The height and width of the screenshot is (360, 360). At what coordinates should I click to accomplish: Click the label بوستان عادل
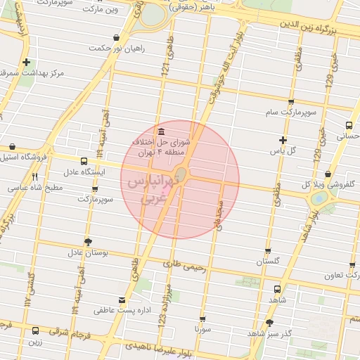[x=88, y=252]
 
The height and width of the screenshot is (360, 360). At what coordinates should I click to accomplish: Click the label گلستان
[x=269, y=261]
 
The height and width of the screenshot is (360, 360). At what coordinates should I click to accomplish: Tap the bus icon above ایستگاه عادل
[x=84, y=161]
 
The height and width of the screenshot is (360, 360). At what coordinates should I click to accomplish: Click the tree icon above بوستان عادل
[x=88, y=241]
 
